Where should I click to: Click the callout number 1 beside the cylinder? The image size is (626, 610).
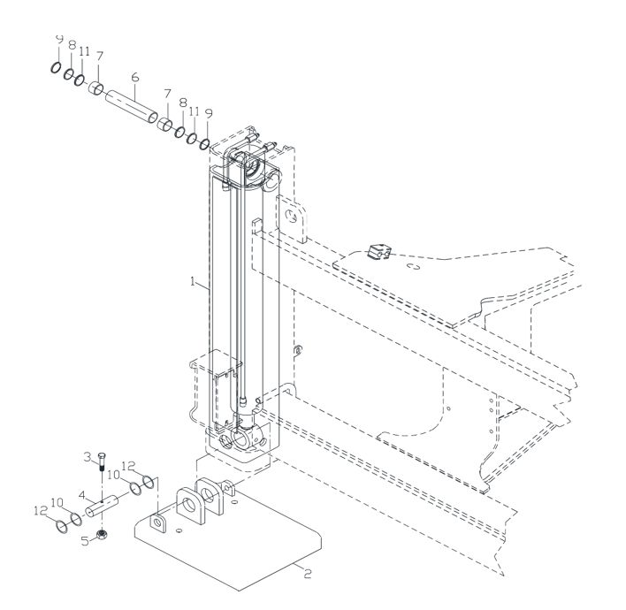click(x=194, y=282)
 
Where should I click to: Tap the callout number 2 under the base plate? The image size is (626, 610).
click(x=308, y=574)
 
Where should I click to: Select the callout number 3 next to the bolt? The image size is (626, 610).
click(x=87, y=457)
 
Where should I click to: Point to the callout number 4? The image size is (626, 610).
click(x=82, y=495)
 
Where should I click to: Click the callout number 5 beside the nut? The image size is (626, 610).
click(x=85, y=541)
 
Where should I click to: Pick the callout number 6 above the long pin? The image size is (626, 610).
click(x=135, y=77)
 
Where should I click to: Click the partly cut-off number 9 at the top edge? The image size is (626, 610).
click(x=59, y=39)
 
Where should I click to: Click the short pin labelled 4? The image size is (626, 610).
click(x=103, y=506)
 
